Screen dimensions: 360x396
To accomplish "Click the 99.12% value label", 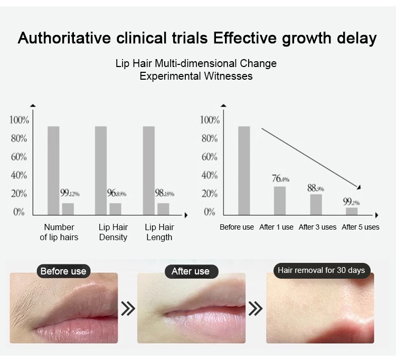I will [x=70, y=193].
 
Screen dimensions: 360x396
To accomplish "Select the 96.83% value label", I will [x=117, y=193].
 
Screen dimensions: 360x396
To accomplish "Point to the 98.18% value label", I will [x=164, y=193].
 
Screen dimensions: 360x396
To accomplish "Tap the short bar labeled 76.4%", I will [x=280, y=201].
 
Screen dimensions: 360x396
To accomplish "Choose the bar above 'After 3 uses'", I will [x=316, y=204].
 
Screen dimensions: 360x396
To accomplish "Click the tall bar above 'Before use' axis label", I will [x=244, y=170].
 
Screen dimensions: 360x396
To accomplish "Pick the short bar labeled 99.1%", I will [x=352, y=211].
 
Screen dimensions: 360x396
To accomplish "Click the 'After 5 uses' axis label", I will [x=361, y=228].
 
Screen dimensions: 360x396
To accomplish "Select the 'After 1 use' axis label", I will [x=276, y=228].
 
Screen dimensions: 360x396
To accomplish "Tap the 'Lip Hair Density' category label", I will [x=113, y=232].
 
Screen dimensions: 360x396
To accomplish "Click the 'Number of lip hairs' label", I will [x=59, y=232].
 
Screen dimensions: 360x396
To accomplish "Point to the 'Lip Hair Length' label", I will [x=159, y=232].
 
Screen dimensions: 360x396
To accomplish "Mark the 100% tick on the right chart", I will [x=210, y=120].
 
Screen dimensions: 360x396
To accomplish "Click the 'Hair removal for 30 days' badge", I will [x=321, y=270].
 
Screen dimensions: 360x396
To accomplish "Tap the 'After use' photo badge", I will [x=191, y=271].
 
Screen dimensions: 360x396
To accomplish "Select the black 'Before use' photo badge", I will [x=63, y=271].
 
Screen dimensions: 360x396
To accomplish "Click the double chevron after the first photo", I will [x=128, y=308].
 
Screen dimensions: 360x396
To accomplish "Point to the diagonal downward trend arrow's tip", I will [x=361, y=188].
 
